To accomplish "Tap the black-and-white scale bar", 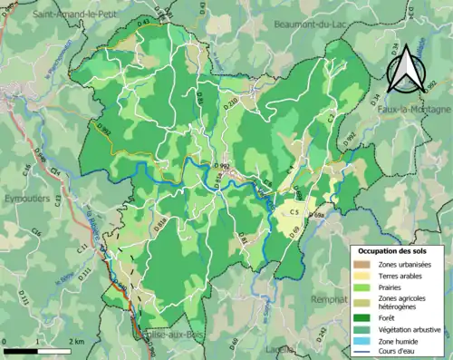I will [36, 350].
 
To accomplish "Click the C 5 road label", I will [294, 212].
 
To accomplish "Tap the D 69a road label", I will [316, 215].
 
